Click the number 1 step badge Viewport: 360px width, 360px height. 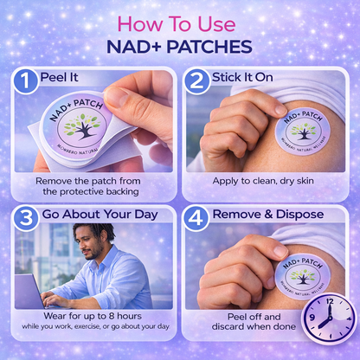click(x=25, y=81)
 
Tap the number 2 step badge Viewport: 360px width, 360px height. click(x=196, y=81)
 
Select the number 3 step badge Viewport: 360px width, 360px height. click(x=26, y=218)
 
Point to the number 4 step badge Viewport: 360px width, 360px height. click(x=196, y=218)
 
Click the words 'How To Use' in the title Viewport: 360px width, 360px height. click(x=177, y=24)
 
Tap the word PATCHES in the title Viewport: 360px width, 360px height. click(x=209, y=47)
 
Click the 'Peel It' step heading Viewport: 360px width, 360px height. click(x=60, y=77)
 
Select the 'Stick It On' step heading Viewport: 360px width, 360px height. click(x=242, y=77)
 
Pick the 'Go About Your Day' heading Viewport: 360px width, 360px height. click(x=100, y=215)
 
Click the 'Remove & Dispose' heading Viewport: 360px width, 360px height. click(x=268, y=215)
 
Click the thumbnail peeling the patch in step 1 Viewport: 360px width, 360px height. click(x=115, y=97)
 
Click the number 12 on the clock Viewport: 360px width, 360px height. click(x=330, y=302)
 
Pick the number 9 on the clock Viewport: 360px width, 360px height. click(x=312, y=318)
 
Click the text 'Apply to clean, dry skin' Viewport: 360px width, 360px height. click(x=263, y=181)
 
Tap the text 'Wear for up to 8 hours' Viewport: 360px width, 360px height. click(x=93, y=316)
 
